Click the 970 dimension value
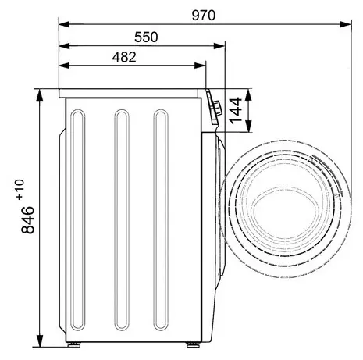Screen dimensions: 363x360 pos(204,16)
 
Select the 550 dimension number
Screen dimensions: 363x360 pos(146,37)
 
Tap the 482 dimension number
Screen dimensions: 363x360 pos(124,57)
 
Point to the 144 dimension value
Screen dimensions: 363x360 pos(235,111)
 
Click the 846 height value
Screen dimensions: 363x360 pos(27,220)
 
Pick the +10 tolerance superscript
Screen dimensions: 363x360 pos(20,190)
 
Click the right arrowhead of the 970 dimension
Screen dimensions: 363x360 pos(346,25)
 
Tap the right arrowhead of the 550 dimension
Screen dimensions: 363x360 pos(219,46)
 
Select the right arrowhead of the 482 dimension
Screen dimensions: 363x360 pos(200,66)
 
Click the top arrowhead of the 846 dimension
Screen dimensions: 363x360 pos(40,95)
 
